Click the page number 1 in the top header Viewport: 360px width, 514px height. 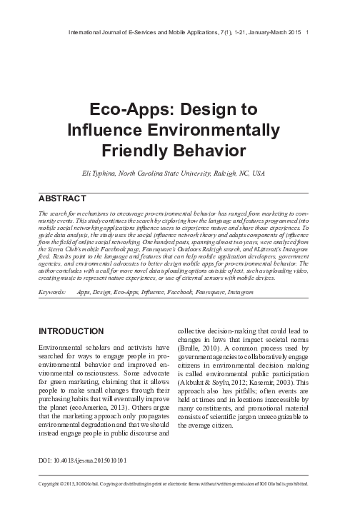coord(307,32)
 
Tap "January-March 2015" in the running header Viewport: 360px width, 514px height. coord(269,32)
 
